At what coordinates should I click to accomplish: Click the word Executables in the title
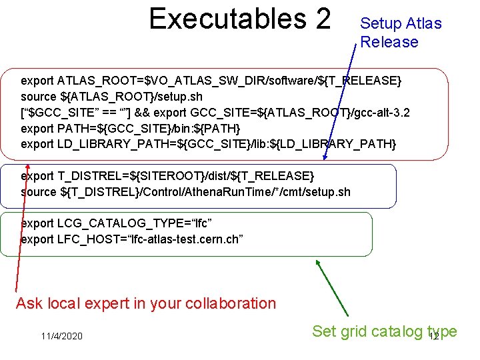tap(220, 19)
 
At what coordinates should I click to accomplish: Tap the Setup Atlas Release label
tap(400, 33)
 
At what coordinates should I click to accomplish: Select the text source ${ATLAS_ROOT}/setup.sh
tap(112, 97)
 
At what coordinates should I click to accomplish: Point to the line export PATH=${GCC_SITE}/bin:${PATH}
tap(131, 128)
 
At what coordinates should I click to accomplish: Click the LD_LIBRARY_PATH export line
tap(209, 144)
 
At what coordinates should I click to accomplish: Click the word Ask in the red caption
tap(29, 303)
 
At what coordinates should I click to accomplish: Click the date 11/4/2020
tap(61, 336)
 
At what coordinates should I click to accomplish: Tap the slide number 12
tap(433, 337)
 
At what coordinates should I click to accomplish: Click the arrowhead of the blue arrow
tap(324, 159)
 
